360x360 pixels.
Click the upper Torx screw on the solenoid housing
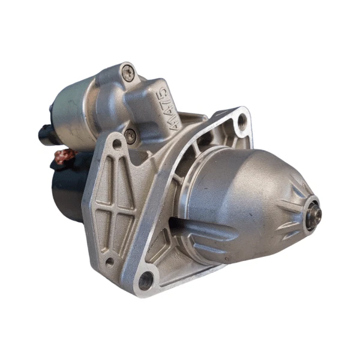click(127, 73)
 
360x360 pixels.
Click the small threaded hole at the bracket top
click(116, 145)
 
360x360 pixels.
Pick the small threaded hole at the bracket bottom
click(109, 262)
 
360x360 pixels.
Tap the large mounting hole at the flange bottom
click(145, 279)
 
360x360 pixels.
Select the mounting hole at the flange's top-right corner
click(242, 123)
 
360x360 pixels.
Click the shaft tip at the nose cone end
click(314, 214)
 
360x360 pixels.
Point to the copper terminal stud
click(65, 157)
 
